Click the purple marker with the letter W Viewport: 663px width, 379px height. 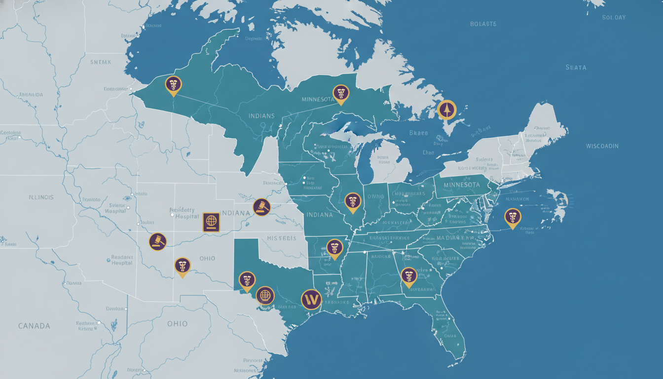point(311,299)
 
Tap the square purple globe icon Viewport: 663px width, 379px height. point(211,222)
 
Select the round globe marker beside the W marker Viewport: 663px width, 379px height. point(265,296)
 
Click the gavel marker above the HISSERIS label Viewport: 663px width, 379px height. point(261,207)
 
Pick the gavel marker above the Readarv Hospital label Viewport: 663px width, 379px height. point(158,241)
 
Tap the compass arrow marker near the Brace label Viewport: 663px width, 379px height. point(447,109)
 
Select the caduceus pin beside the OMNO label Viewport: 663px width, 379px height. point(352,201)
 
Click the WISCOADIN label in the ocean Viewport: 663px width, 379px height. point(602,146)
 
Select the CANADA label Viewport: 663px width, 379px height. point(34,326)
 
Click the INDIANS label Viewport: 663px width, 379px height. point(262,116)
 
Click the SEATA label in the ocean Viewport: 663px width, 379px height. point(576,67)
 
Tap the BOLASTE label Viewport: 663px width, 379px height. point(483,24)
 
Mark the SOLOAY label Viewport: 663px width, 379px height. point(614,17)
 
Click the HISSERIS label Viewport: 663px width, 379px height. point(282,238)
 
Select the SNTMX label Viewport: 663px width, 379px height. point(102,62)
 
